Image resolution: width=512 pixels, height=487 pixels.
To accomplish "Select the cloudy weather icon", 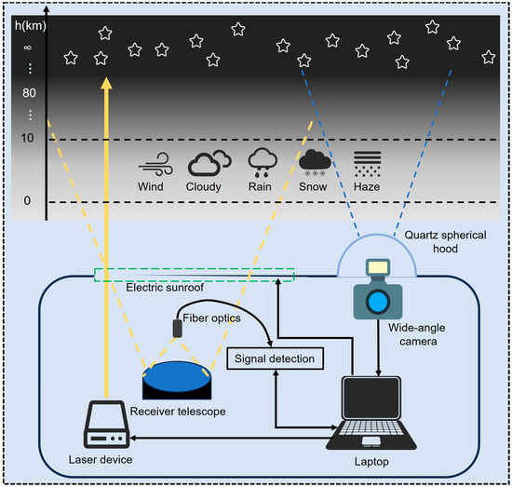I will (x=209, y=163).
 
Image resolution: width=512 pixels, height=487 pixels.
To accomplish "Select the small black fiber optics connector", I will (x=177, y=329).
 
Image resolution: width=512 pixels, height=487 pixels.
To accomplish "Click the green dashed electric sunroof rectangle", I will (x=194, y=274).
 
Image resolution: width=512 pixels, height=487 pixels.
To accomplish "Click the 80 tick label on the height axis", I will (x=27, y=93).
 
